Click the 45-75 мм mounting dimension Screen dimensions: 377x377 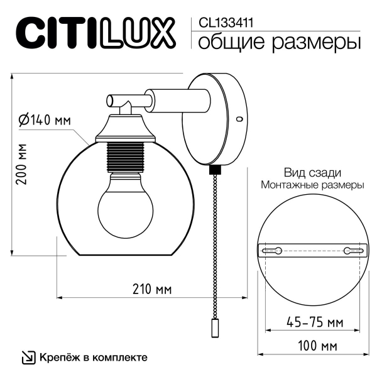tap(313, 322)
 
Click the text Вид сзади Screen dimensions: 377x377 tap(312, 173)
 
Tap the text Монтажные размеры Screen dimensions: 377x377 tap(312, 185)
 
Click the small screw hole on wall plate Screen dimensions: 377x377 tap(238, 118)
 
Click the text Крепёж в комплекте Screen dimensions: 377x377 tap(93, 358)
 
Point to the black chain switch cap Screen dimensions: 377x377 tap(215, 168)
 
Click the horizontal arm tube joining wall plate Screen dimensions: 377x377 tap(176, 99)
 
